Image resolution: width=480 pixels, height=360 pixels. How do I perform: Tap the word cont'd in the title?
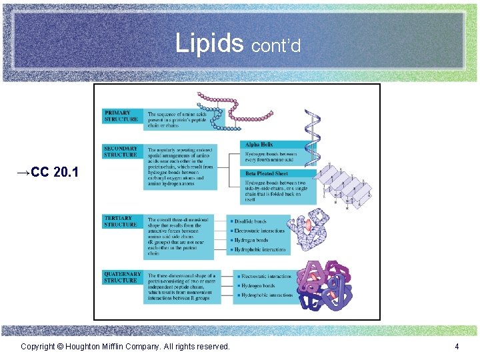pos(276,45)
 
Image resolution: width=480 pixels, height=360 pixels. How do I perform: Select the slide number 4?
pos(457,346)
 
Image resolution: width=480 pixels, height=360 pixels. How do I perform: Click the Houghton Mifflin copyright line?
pos(125,346)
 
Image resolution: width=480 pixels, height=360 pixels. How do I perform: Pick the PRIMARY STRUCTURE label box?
pos(121,116)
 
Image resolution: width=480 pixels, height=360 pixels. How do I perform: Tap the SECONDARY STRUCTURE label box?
pos(121,151)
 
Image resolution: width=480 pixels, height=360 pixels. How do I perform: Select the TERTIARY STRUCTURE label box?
pos(121,221)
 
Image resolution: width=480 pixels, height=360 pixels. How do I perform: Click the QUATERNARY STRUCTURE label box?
pos(122,277)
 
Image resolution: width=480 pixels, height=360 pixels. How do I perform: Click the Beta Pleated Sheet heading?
pos(267,173)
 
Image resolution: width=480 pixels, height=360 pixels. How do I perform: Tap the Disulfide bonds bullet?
pos(251,221)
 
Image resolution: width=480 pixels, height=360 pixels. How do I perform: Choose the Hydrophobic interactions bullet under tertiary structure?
pos(260,249)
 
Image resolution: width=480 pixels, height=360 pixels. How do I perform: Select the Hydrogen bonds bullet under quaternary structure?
pos(258,285)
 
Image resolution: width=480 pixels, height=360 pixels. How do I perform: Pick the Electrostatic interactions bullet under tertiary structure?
pos(259,231)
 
